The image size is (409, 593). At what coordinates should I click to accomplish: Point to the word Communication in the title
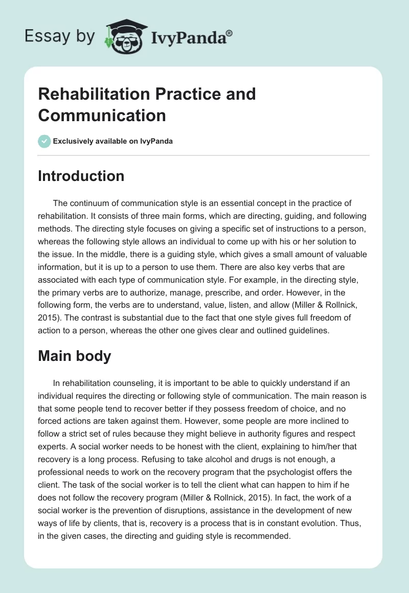[x=102, y=115]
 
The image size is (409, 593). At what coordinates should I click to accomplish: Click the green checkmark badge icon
[x=44, y=141]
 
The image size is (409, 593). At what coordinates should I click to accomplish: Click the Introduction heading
[x=81, y=176]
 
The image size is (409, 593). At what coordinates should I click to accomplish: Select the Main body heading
[x=75, y=356]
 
